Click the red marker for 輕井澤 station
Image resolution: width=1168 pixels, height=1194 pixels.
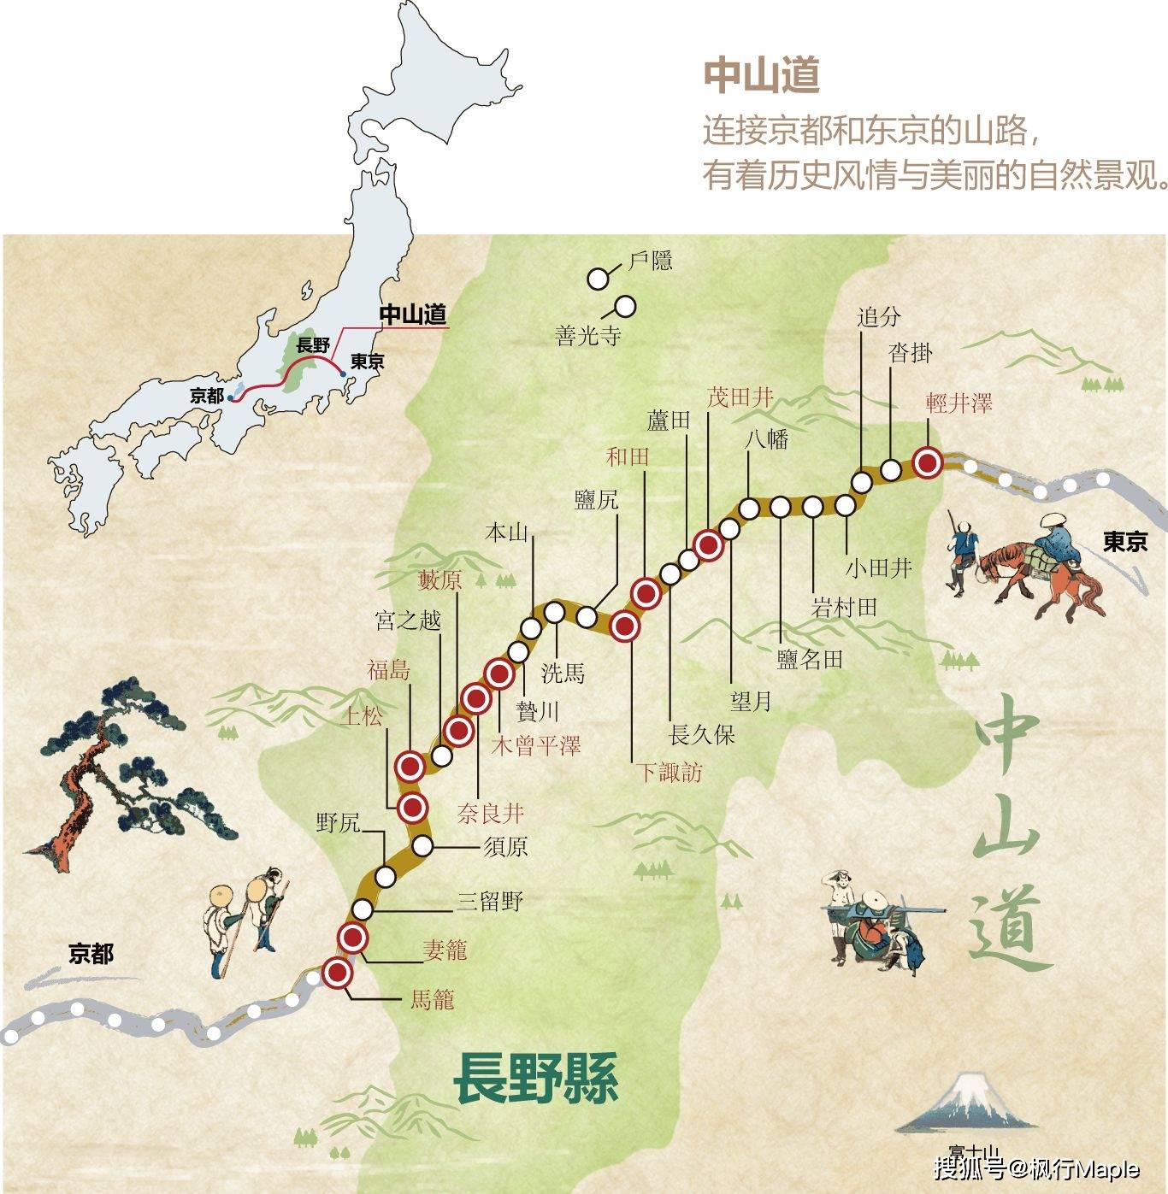pos(928,463)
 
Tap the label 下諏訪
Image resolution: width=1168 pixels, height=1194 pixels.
pos(669,772)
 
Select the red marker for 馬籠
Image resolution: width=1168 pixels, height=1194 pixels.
pos(338,973)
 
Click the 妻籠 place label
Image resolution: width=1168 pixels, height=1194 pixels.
pos(445,950)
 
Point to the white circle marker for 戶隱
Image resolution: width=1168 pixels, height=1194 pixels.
pos(598,278)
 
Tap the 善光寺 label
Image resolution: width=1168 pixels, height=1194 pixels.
pos(587,336)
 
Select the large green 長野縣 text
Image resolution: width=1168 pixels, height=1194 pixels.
pos(536,1078)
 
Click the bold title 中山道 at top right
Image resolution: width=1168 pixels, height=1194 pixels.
pos(761,75)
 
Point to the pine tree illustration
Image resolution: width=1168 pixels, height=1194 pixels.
pos(111,769)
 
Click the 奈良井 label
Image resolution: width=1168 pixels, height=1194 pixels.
pos(490,813)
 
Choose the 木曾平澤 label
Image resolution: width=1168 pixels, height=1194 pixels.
pos(536,745)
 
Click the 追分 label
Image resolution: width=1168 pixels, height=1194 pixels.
pos(879,317)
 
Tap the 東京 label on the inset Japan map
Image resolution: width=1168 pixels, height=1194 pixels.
pos(367,361)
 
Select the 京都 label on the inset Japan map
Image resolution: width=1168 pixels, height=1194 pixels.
pos(207,396)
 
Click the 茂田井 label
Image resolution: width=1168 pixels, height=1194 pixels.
pos(740,397)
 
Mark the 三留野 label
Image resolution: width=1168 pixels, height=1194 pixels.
pos(489,900)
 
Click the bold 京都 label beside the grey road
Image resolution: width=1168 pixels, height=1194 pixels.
pos(91,953)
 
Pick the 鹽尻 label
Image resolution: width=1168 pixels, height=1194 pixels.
pos(596,499)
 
